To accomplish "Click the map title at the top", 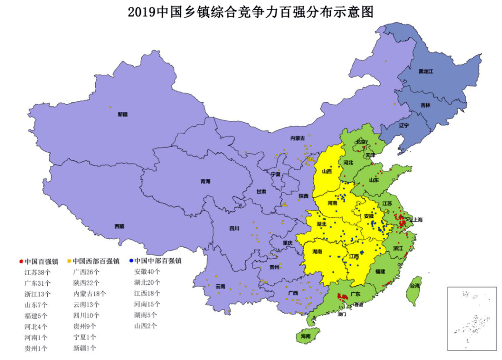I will [251, 12].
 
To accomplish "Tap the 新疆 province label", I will [122, 114].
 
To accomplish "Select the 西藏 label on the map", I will [119, 226].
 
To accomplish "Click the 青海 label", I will [205, 181].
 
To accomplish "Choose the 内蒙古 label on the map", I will [297, 138].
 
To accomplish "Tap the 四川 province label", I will [234, 228].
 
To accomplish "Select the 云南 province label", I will [220, 287].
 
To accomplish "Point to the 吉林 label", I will [425, 105].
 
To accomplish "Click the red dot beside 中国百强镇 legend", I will [21, 261].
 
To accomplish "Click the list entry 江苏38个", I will [38, 272].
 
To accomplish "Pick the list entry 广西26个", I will [86, 272].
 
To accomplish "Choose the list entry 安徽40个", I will [147, 272].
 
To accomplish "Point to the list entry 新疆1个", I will [85, 348].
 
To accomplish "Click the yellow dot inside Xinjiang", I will [110, 107].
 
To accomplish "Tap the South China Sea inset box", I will [472, 318].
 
